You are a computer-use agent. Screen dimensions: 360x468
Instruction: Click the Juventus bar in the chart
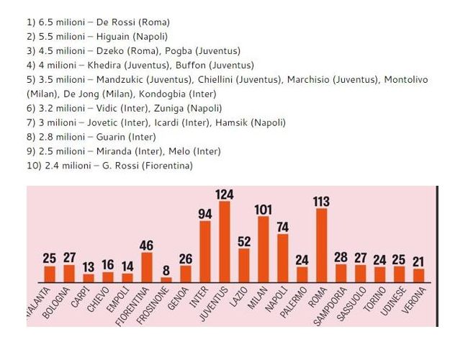224,241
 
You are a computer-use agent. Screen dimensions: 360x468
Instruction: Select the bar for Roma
322,245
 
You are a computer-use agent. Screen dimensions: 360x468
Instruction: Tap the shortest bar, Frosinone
166,279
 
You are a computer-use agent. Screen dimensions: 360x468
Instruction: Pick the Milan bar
264,248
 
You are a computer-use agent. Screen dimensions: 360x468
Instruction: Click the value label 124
224,194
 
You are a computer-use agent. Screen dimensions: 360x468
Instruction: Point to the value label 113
322,202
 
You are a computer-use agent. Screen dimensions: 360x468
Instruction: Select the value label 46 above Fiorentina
147,246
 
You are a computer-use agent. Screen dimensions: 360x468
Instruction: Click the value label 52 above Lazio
244,242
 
